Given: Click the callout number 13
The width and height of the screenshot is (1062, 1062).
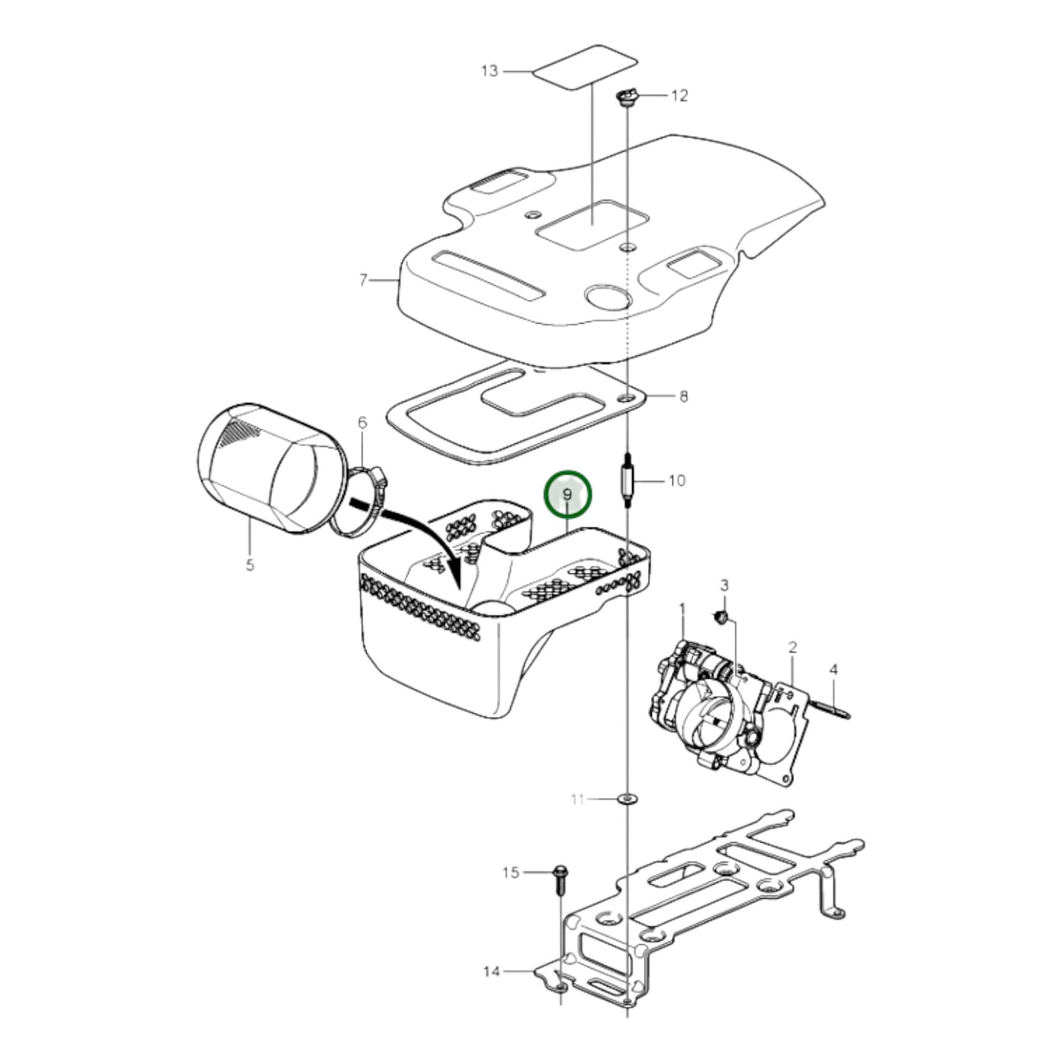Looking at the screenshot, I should [489, 71].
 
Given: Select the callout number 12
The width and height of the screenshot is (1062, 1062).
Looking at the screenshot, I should [679, 96].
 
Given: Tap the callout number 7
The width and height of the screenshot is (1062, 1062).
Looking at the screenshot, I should [363, 280].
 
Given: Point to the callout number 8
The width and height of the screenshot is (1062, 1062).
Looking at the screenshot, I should [684, 397].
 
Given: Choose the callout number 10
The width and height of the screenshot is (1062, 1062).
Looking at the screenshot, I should [676, 481].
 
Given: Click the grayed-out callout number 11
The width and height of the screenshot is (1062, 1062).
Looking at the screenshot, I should [578, 799].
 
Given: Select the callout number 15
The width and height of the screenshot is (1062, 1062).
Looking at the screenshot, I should [511, 872].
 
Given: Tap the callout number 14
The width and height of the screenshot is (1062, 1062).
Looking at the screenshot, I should [492, 972].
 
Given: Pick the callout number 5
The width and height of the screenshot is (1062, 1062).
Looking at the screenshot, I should [250, 565].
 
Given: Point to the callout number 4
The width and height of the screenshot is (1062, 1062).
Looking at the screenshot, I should [833, 670].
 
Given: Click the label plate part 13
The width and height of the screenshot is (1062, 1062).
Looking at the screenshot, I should [584, 69].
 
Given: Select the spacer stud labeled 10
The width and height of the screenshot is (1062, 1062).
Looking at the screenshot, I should [627, 482].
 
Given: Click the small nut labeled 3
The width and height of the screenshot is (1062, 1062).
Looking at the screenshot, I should [722, 616].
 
